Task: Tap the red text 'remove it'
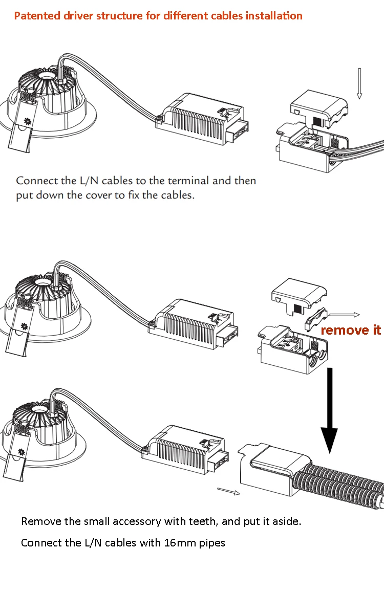coord(351,330)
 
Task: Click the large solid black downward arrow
coord(330,409)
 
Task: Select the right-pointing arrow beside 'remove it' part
coord(344,315)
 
